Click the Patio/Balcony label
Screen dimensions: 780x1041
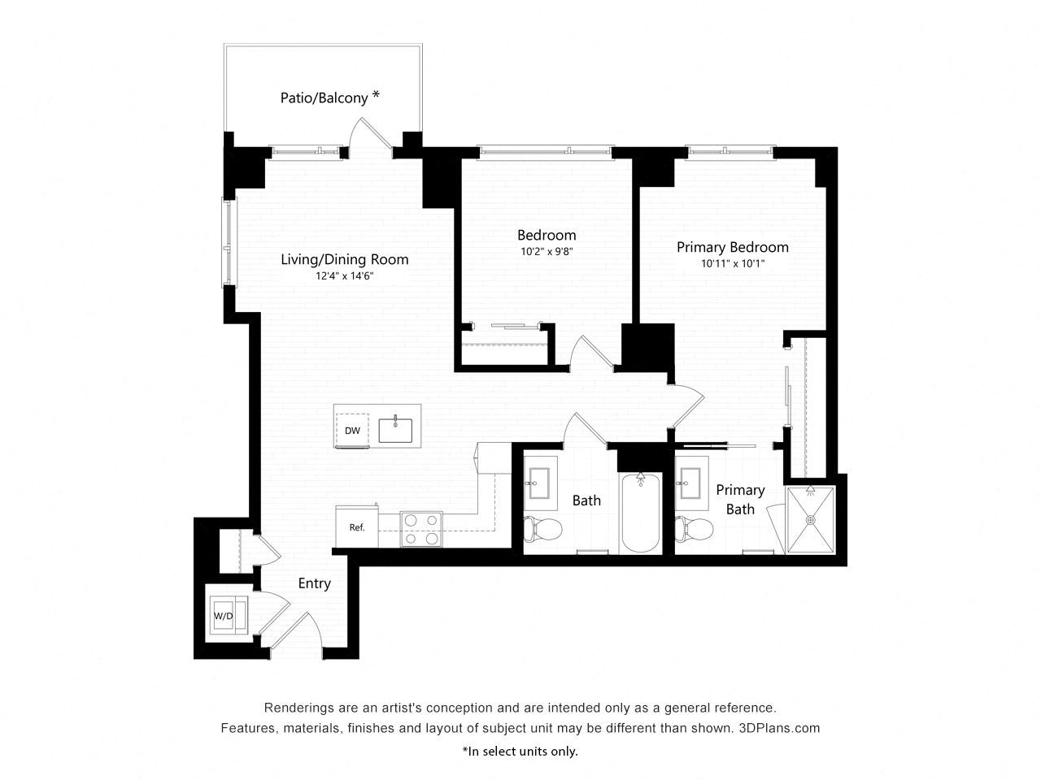329,97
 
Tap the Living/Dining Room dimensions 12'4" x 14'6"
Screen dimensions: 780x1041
344,276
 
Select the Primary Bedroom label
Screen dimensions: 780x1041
732,247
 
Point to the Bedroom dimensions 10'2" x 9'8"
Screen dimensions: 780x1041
547,252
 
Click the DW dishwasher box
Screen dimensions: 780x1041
352,431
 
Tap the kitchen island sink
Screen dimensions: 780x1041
395,429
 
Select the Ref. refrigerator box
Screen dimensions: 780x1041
356,527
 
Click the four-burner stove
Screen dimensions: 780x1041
420,529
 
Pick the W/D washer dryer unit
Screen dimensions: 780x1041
223,615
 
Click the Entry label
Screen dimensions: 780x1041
314,583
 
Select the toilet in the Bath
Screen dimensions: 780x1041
542,529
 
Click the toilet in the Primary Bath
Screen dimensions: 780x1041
694,529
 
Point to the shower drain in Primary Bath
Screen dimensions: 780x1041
810,520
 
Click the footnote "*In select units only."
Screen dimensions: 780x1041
520,751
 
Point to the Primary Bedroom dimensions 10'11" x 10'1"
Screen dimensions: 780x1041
732,264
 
